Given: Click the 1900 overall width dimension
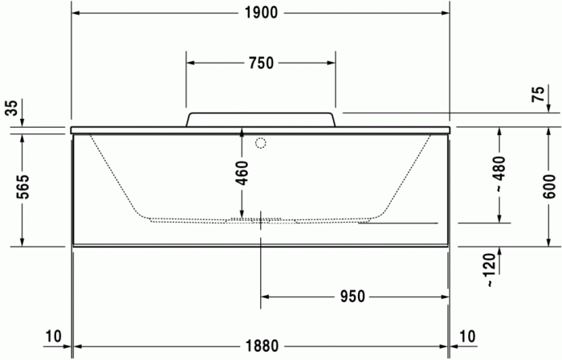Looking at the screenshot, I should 260,12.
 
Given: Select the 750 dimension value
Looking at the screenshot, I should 261,63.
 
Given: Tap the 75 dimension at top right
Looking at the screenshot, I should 539,94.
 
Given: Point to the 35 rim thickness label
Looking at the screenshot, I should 11,108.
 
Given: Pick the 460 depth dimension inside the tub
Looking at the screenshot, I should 242,172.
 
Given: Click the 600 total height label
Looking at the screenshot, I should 548,186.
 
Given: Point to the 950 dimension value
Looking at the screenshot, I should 352,297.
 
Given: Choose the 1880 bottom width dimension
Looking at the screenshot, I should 261,346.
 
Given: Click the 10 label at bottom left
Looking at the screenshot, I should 53,336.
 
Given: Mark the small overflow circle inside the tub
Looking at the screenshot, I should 259,144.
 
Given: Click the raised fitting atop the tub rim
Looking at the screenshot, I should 261,119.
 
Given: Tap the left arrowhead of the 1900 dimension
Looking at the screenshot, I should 76,12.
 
